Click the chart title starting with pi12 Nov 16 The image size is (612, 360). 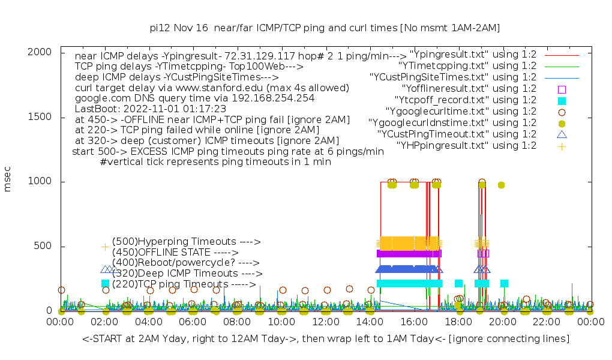(x=325, y=28)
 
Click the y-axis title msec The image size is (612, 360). (x=8, y=181)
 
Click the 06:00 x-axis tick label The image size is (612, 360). (x=193, y=322)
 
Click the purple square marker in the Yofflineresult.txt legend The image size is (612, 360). (x=562, y=89)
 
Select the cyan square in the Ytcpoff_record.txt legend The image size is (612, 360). (x=562, y=100)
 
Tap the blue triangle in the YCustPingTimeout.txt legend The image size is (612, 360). (x=562, y=134)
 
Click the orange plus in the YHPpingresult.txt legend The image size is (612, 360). (x=562, y=146)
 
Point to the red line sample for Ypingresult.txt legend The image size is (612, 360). (x=562, y=55)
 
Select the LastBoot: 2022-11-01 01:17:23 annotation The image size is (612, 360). (x=151, y=109)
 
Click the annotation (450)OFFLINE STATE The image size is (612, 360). (x=175, y=253)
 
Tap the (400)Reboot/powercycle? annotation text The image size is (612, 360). (x=185, y=263)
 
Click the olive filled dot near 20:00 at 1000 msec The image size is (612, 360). (x=501, y=185)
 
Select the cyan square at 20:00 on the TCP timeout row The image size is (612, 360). (x=504, y=283)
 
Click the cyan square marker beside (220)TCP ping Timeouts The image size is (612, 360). (x=106, y=283)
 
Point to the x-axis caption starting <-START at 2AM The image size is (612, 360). (x=326, y=339)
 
